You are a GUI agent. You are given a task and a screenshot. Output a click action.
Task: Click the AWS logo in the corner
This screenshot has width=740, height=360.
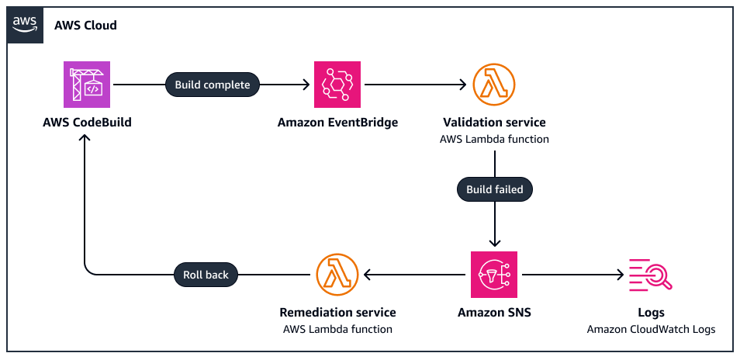(x=25, y=25)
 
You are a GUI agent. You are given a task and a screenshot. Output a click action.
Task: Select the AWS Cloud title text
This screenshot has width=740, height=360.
(x=85, y=26)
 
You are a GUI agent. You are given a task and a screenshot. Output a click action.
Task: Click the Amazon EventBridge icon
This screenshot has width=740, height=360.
(x=337, y=85)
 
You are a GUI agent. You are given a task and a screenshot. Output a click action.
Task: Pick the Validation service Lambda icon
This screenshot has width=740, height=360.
(x=493, y=85)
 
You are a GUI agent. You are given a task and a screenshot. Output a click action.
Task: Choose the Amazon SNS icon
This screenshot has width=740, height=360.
(x=493, y=275)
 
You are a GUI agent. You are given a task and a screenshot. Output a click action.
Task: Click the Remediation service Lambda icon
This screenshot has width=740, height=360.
(x=337, y=275)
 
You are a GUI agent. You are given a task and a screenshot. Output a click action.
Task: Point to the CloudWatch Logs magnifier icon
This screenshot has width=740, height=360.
(x=650, y=275)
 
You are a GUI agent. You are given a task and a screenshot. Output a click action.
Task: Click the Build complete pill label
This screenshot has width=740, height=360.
(x=213, y=85)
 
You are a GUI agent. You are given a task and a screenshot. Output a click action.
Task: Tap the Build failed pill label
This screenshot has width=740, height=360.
(x=494, y=189)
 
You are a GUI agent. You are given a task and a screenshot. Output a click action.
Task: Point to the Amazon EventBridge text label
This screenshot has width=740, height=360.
(x=337, y=123)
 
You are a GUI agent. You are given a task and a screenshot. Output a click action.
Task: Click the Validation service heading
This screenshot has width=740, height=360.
(x=494, y=123)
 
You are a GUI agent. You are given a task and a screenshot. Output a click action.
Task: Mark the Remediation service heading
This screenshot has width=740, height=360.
(x=337, y=313)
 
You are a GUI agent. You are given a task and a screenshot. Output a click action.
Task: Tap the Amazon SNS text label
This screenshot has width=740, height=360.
(x=494, y=313)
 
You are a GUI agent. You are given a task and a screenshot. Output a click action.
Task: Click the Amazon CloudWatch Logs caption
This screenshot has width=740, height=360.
(x=651, y=329)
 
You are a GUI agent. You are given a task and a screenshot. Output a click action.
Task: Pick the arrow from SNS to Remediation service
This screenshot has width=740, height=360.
(x=416, y=275)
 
